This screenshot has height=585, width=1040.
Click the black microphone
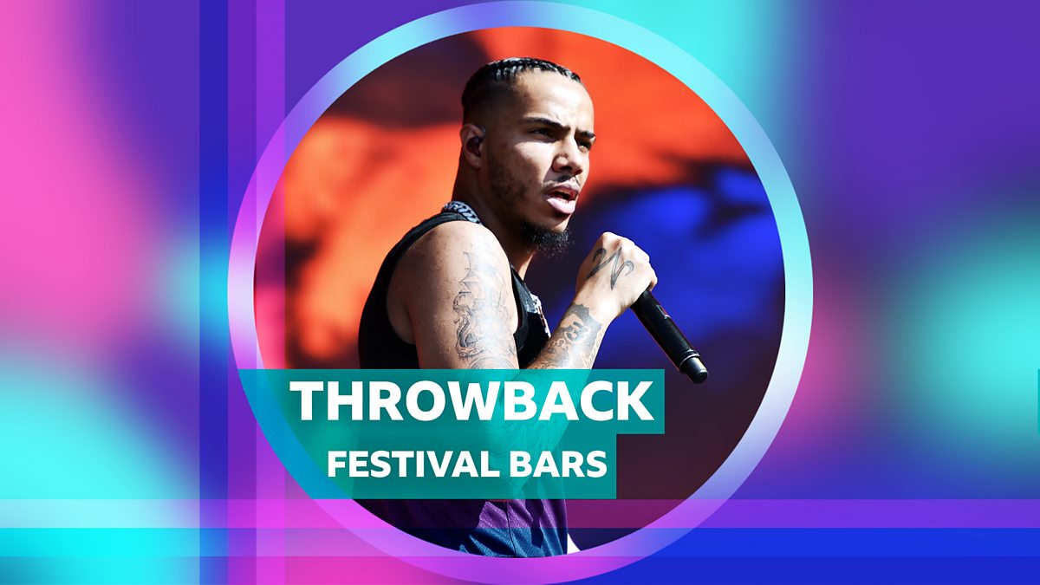668,335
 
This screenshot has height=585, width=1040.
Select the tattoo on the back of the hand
610,264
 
